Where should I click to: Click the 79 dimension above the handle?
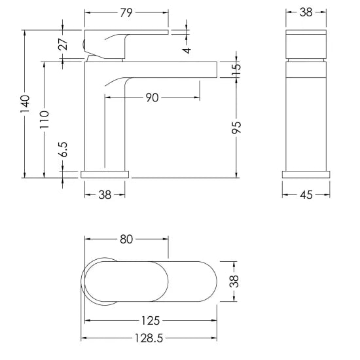[x=126, y=13]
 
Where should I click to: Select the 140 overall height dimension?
[x=25, y=104]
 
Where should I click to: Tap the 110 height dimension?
[x=45, y=120]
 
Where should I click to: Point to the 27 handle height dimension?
[x=63, y=44]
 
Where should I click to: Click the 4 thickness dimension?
[x=188, y=50]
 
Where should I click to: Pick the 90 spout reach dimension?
[x=152, y=98]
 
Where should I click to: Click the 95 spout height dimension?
[x=236, y=127]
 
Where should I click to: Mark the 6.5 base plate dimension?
[x=63, y=149]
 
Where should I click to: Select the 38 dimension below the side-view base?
[x=105, y=195]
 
